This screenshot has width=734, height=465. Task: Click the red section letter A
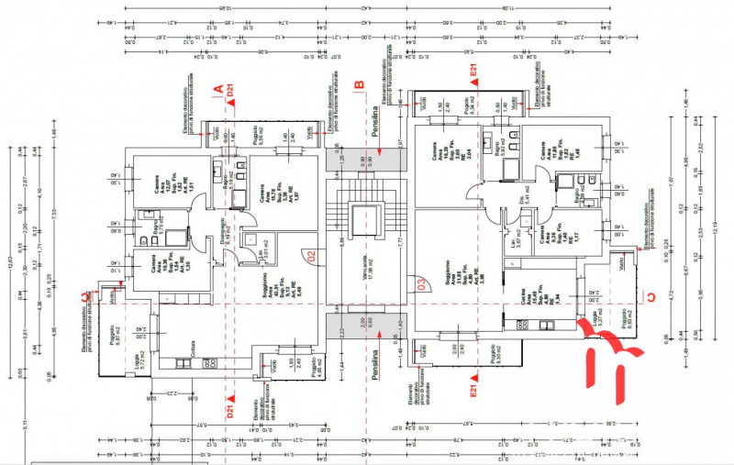click(218, 89)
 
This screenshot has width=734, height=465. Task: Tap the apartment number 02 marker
click(311, 258)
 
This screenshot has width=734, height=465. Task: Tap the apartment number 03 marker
click(421, 283)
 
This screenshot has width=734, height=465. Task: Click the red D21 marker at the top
click(231, 89)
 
